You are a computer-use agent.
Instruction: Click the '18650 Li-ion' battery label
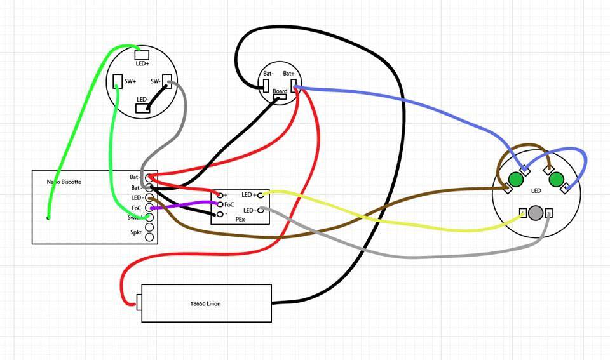pos(205,304)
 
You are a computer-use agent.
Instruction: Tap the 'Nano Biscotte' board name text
pos(64,182)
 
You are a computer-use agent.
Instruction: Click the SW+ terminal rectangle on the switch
pos(117,81)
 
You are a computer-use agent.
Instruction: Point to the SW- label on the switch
pos(156,81)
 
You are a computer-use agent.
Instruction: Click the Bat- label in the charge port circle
pos(268,74)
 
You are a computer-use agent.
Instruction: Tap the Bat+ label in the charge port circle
pos(290,74)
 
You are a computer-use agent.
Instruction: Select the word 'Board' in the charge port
pos(280,91)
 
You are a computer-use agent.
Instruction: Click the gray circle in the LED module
pos(536,213)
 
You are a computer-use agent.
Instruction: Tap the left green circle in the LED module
pos(515,180)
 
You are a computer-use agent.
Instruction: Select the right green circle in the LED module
pos(557,180)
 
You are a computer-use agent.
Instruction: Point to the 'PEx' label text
pos(240,219)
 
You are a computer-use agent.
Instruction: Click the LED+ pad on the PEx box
pos(261,195)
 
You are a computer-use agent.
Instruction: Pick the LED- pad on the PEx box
pos(261,210)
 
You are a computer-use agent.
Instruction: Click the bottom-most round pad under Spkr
pos(150,237)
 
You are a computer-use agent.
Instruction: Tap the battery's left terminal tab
pos(139,302)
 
